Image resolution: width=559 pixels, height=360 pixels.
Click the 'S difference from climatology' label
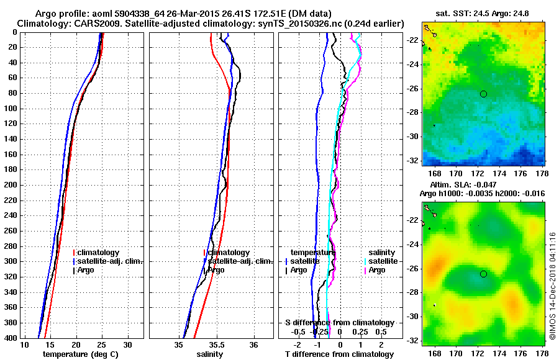click(x=339, y=323)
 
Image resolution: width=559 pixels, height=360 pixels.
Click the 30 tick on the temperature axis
click(x=127, y=344)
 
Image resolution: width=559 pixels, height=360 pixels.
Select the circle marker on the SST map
click(x=483, y=94)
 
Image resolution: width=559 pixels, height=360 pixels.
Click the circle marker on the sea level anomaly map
click(x=483, y=274)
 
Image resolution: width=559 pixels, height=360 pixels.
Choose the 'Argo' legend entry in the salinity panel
click(x=216, y=270)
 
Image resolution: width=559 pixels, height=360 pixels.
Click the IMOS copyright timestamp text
click(x=552, y=285)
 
